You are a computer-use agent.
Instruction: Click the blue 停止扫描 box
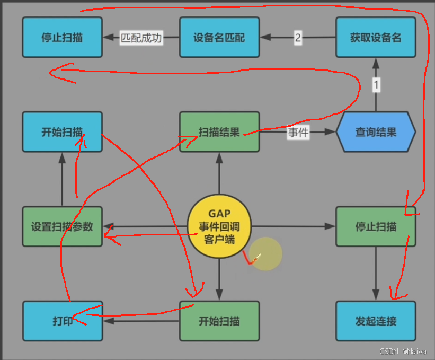(x=62, y=37)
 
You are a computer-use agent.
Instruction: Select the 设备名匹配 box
(x=219, y=37)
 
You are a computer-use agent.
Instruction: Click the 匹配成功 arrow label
(x=140, y=38)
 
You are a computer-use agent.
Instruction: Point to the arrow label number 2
(x=298, y=38)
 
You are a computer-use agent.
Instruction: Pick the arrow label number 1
(x=376, y=84)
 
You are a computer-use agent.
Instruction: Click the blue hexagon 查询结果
(x=376, y=132)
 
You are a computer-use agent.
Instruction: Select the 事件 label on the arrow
(x=298, y=132)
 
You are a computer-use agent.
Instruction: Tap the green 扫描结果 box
(x=219, y=131)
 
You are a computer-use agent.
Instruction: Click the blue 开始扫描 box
(x=62, y=131)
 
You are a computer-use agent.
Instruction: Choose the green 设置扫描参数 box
(x=62, y=226)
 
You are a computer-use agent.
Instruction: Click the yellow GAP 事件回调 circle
(x=219, y=226)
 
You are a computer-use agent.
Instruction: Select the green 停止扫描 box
(x=376, y=226)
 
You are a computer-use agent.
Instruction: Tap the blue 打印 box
(x=62, y=321)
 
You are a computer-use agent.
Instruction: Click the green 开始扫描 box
(x=219, y=321)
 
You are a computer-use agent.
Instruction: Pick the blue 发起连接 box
(x=376, y=321)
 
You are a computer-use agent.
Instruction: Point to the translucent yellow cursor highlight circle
(x=265, y=254)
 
